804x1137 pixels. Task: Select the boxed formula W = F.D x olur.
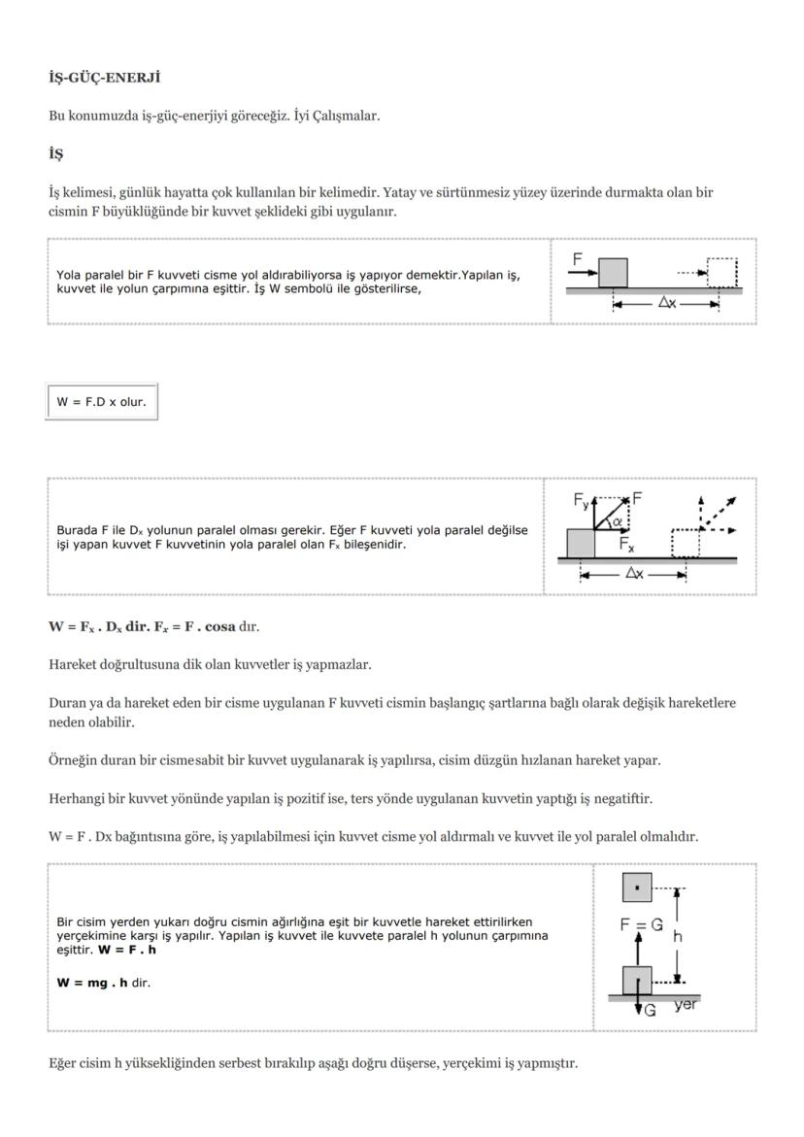101,402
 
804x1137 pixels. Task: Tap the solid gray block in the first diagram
613,273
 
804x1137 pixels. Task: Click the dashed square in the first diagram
721,273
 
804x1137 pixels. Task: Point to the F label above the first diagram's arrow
578,259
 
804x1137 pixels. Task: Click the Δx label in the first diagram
667,303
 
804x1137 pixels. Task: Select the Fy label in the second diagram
581,501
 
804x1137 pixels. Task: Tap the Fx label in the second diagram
628,545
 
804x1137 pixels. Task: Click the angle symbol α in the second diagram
615,521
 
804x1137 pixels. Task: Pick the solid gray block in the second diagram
580,543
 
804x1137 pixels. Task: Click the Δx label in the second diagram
633,574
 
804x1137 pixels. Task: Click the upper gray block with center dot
637,887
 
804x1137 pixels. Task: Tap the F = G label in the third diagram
641,925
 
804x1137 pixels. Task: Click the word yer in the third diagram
685,1005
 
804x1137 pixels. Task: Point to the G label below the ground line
650,1011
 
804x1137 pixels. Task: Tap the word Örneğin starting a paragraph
74,760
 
